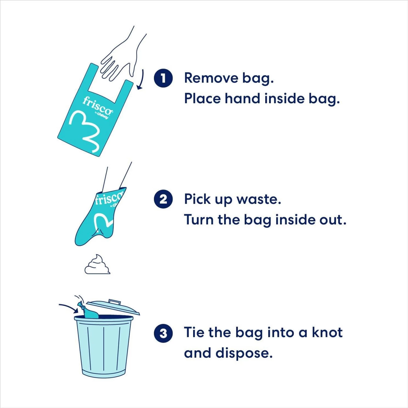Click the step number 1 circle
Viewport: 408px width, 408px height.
(x=163, y=78)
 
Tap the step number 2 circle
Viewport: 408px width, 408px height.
(x=163, y=199)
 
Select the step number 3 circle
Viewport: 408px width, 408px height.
(x=163, y=333)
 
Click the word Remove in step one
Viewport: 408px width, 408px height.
(x=211, y=78)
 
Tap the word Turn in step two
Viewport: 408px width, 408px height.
(x=199, y=220)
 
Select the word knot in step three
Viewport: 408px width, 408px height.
(x=327, y=332)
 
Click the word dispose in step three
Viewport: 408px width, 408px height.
(x=244, y=353)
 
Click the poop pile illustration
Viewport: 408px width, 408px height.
(x=97, y=265)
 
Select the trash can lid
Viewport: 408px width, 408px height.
(x=113, y=307)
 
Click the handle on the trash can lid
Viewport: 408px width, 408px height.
(x=114, y=302)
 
